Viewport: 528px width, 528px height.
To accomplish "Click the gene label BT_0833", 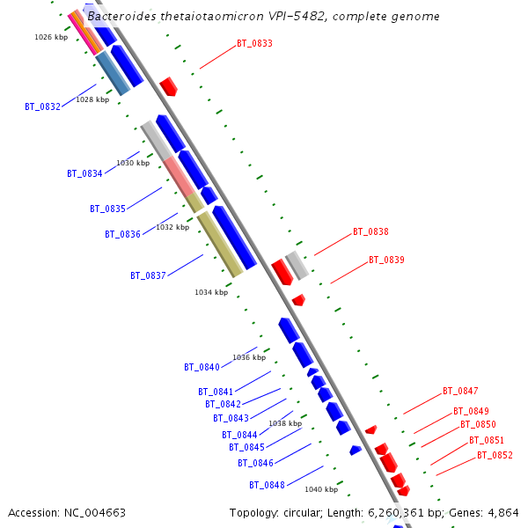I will tap(254, 43).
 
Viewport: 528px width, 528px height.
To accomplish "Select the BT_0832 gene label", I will tap(42, 106).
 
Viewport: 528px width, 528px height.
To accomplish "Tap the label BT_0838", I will tap(370, 232).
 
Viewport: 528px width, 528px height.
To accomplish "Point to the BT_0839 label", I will tap(386, 260).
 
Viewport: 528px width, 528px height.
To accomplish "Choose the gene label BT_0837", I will tap(148, 275).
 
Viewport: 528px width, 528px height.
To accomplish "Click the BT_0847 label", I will tap(460, 391).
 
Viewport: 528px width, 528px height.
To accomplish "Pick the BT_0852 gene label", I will tap(495, 456).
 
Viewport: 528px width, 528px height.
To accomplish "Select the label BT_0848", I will tap(267, 485).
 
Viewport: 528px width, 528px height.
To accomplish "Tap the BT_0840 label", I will tap(202, 367).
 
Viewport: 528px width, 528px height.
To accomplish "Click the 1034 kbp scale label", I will tap(211, 292).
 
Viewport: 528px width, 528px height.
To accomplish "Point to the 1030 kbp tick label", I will tap(133, 163).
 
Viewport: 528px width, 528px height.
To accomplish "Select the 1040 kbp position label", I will tap(321, 489).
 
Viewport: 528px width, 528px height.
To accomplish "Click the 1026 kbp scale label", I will tap(51, 37).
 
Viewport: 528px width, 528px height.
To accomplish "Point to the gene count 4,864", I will tap(502, 512).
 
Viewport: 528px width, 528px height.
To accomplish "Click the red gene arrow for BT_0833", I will tap(168, 85).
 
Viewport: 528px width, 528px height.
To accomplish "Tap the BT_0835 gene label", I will tap(107, 209).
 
